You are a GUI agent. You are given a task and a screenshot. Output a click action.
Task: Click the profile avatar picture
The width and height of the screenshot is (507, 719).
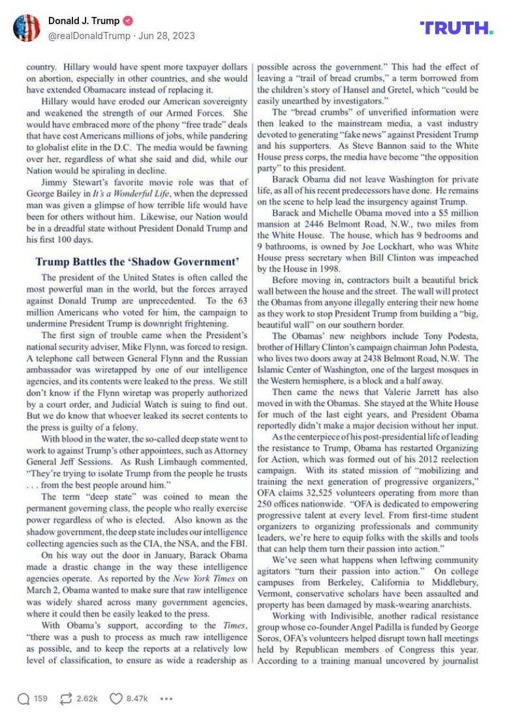coord(27,28)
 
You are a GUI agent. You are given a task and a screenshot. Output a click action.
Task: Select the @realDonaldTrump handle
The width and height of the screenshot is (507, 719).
coord(89,36)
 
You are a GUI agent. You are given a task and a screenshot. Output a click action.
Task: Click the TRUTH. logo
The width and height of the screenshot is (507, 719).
coord(456,27)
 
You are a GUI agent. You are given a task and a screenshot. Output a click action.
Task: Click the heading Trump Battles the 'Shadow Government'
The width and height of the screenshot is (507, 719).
coord(137,262)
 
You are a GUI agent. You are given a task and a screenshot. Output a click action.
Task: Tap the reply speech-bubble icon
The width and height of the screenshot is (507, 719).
coord(23,698)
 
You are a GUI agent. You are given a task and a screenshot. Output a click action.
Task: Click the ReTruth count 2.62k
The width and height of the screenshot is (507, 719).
coord(87,698)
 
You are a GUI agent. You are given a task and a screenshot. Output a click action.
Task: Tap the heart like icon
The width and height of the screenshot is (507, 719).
coord(115,698)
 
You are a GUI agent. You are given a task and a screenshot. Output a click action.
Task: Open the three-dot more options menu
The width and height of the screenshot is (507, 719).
coord(166,698)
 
